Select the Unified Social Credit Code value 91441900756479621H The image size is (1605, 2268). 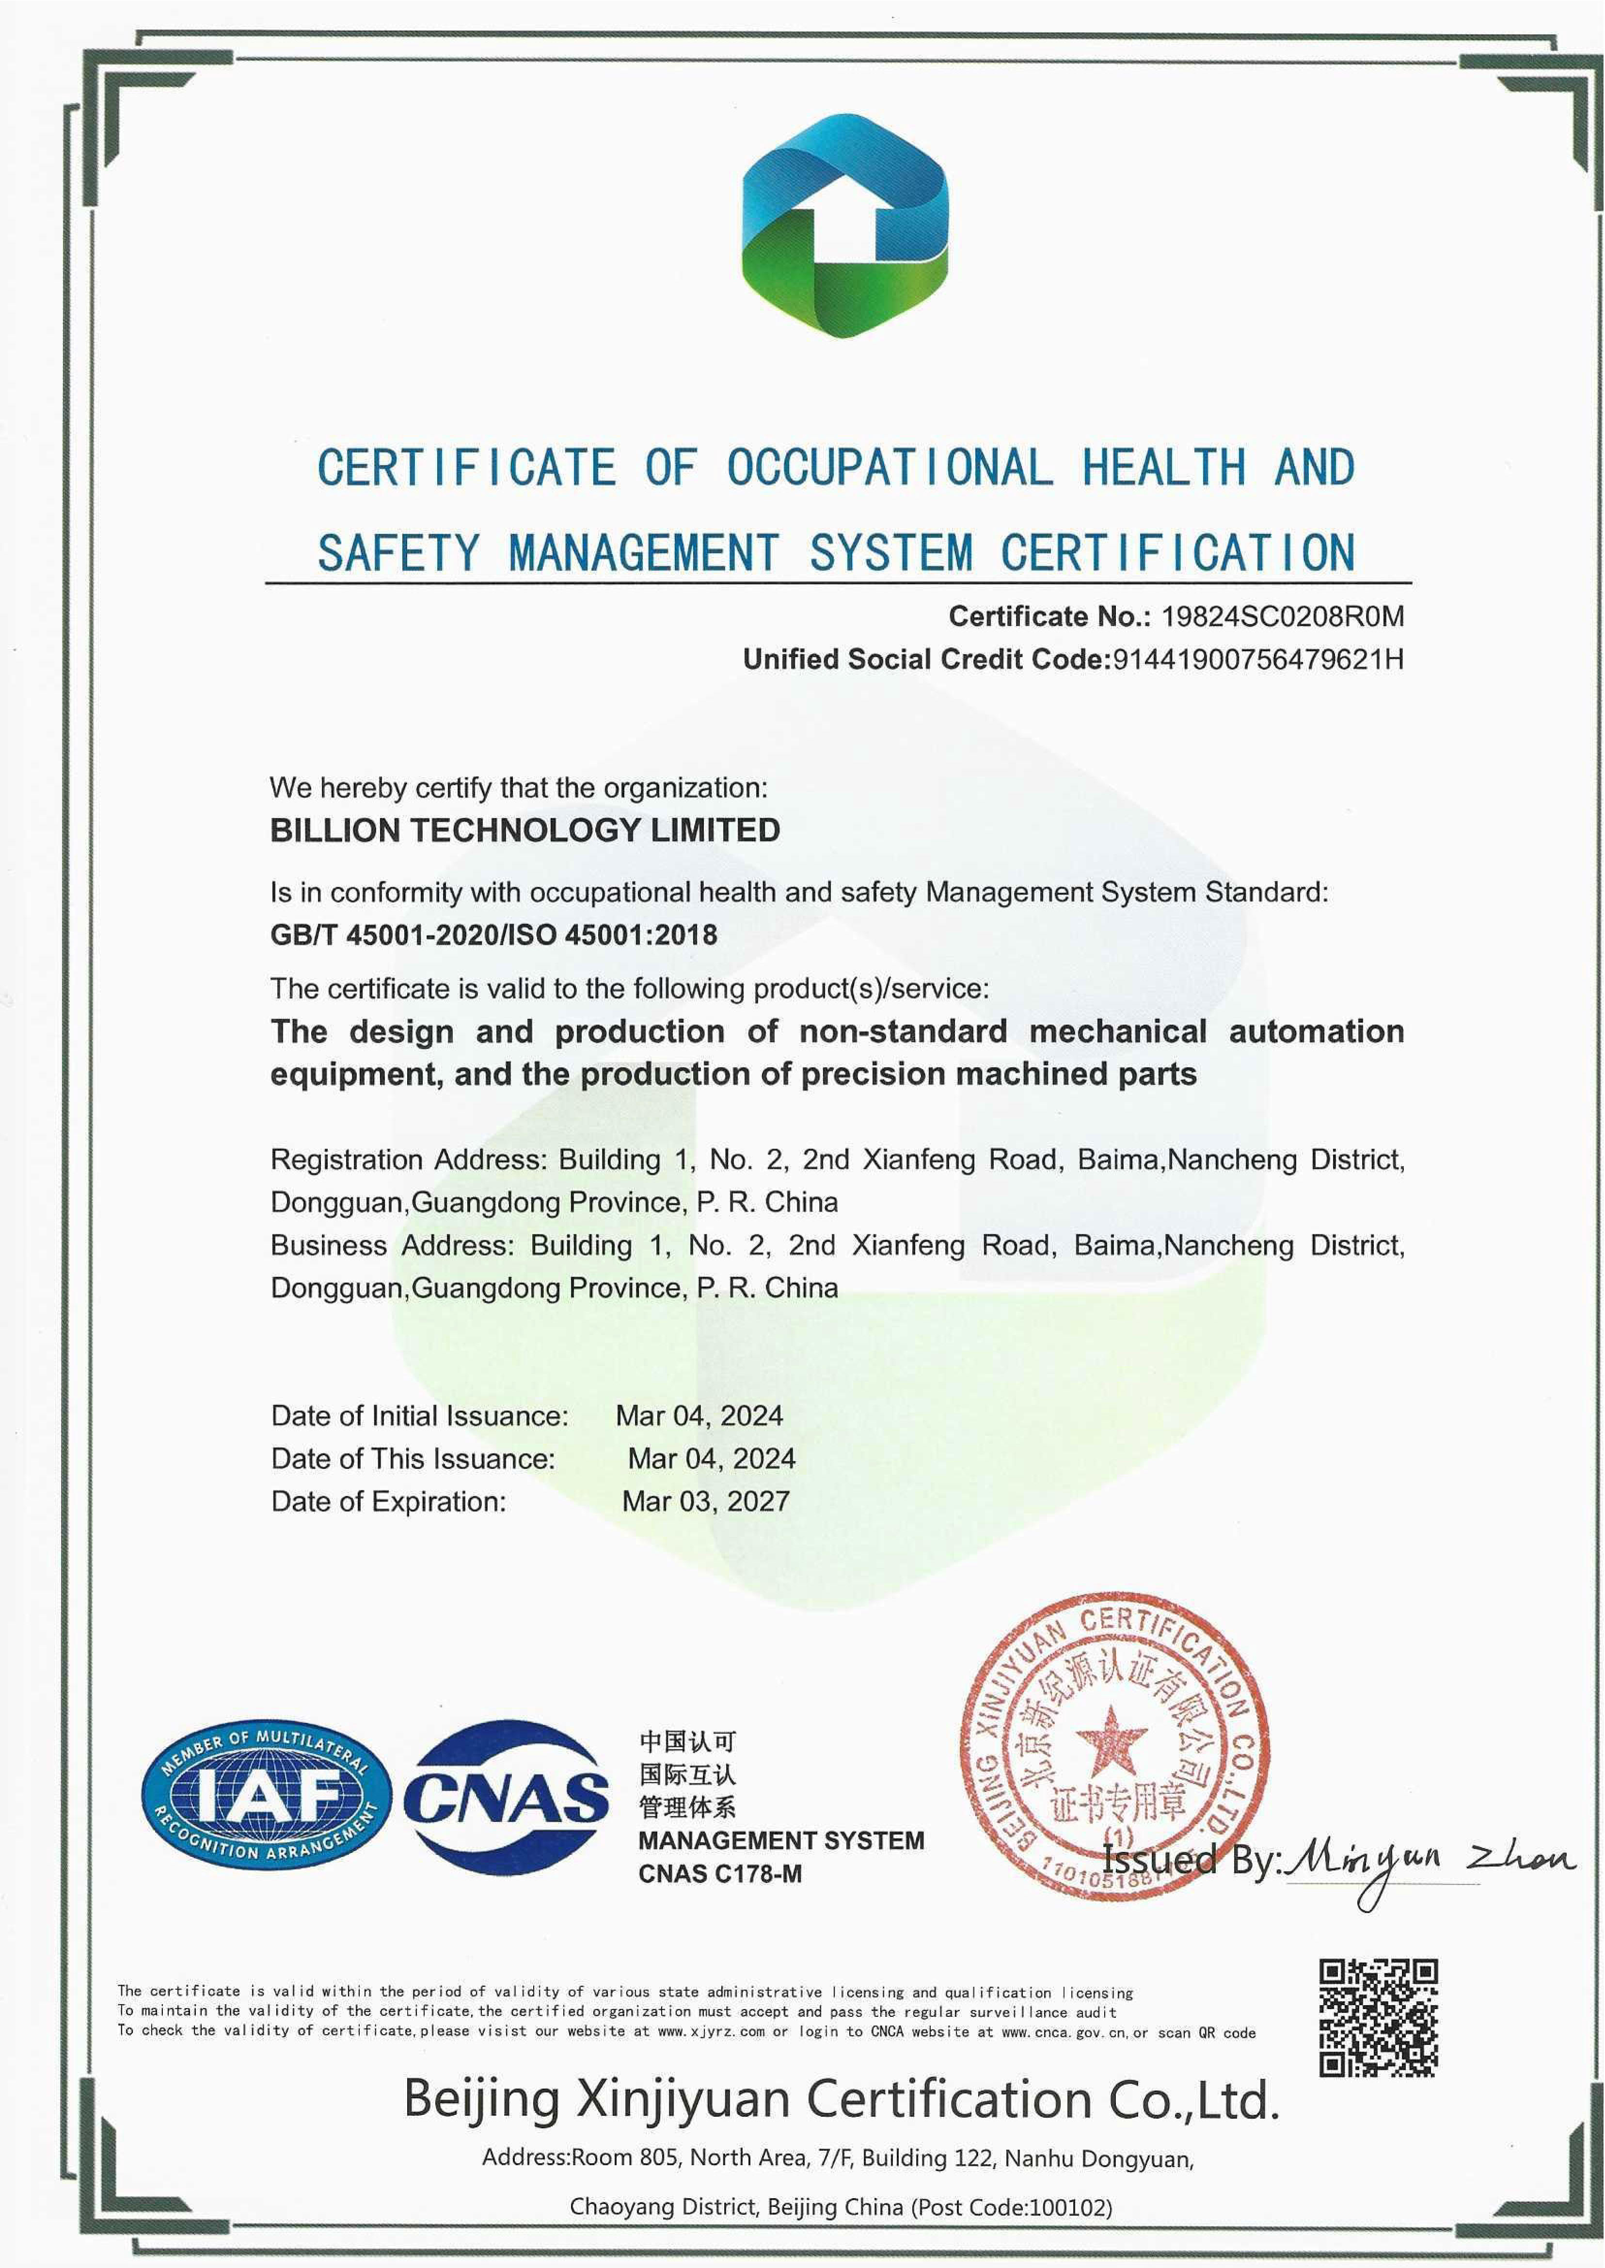tap(1257, 659)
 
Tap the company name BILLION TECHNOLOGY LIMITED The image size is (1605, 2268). tap(525, 830)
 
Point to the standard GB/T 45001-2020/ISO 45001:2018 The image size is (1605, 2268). tap(493, 935)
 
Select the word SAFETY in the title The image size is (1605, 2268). tap(398, 552)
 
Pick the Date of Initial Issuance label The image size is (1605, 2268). tap(420, 1416)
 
